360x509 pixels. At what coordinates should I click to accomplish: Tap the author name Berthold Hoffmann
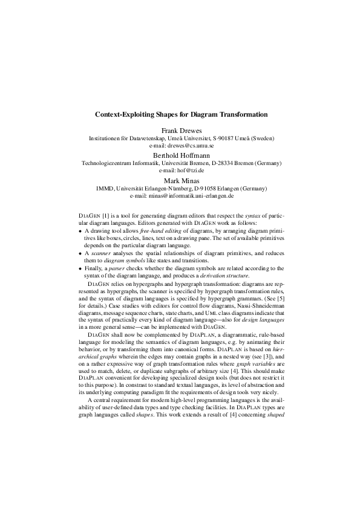click(x=180, y=155)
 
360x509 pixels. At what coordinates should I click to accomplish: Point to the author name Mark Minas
click(x=180, y=180)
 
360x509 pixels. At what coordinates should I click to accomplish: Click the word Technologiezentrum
click(x=108, y=163)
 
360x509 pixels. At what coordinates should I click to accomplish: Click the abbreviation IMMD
click(x=105, y=189)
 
